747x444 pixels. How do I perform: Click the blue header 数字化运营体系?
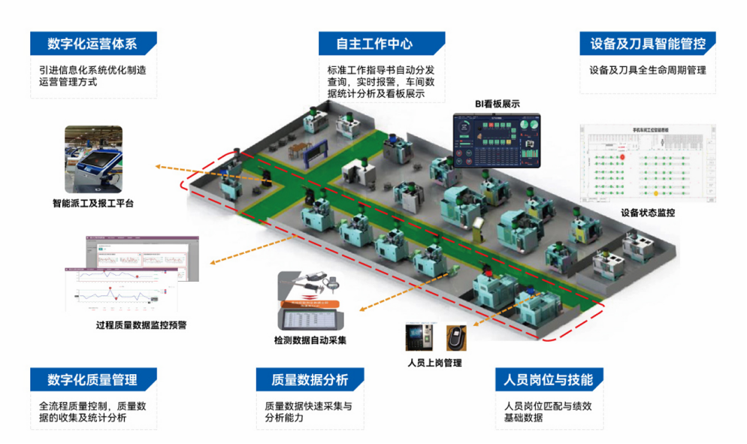92,44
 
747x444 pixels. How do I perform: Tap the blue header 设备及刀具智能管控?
647,44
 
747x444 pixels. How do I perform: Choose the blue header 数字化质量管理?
92,379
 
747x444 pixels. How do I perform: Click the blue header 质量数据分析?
310,379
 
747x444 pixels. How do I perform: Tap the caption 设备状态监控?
648,213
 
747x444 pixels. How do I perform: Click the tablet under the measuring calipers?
311,319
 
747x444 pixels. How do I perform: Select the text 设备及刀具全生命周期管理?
648,71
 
